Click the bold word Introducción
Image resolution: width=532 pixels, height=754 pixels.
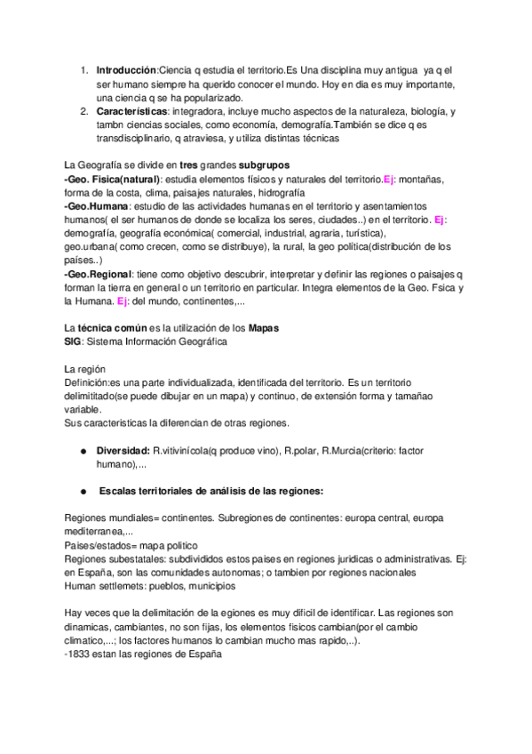(x=125, y=69)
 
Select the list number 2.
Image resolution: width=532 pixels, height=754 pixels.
(x=83, y=111)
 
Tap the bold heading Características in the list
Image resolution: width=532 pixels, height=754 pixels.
(x=131, y=111)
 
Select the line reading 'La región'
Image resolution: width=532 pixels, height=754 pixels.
(x=85, y=368)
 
